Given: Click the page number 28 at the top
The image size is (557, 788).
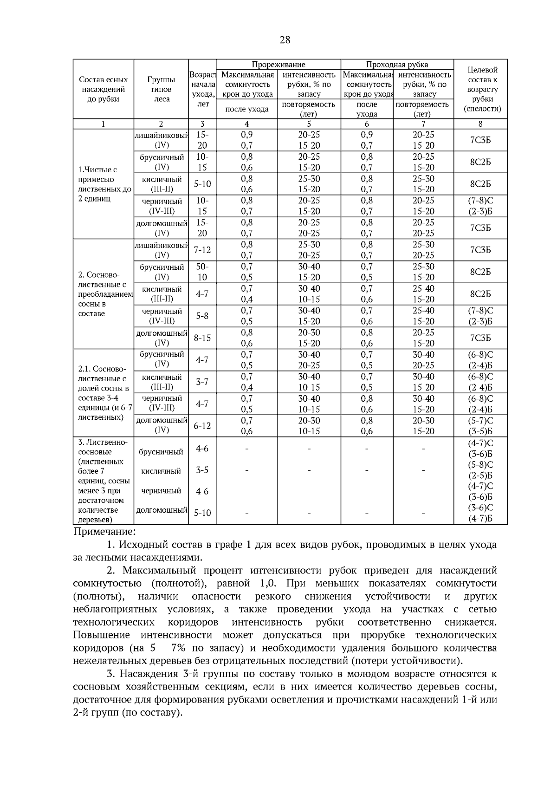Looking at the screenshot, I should coord(285,40).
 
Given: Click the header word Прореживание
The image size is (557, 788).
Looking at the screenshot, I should coord(278,65).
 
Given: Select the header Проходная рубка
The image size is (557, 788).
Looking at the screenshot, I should coord(397,65).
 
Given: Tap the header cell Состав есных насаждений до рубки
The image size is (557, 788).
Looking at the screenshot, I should coord(103,89).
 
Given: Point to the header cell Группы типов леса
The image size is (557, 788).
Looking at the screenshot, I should coord(161,89).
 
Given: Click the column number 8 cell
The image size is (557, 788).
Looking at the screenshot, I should coord(480,124).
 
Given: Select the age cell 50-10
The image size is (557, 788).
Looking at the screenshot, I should coord(202,272).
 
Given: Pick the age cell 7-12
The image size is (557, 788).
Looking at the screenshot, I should coord(202,250).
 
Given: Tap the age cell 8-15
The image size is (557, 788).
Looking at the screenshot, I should coord(202,338).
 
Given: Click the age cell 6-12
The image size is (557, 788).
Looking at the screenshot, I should coord(202,426).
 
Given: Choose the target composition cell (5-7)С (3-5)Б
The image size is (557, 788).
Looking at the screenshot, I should coord(480,426).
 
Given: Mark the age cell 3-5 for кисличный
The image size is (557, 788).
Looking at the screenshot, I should coord(202,470).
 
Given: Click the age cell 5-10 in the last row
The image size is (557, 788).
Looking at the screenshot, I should coord(202,513).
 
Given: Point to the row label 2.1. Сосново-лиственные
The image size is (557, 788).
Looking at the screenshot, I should coord(103,393).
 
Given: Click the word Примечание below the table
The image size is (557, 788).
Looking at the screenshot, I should coord(104,531).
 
